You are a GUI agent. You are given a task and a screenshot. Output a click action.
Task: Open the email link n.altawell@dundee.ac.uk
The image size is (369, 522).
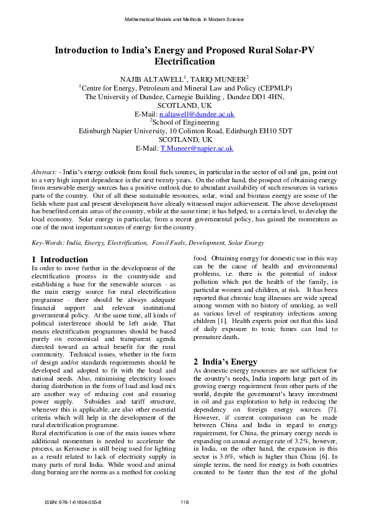[197, 114]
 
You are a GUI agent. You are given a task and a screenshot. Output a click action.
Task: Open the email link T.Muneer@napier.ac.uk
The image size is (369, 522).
[197, 149]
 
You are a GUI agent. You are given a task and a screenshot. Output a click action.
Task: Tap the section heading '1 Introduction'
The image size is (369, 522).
[60, 259]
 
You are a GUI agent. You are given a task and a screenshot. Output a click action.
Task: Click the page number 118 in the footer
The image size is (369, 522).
[184, 502]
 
